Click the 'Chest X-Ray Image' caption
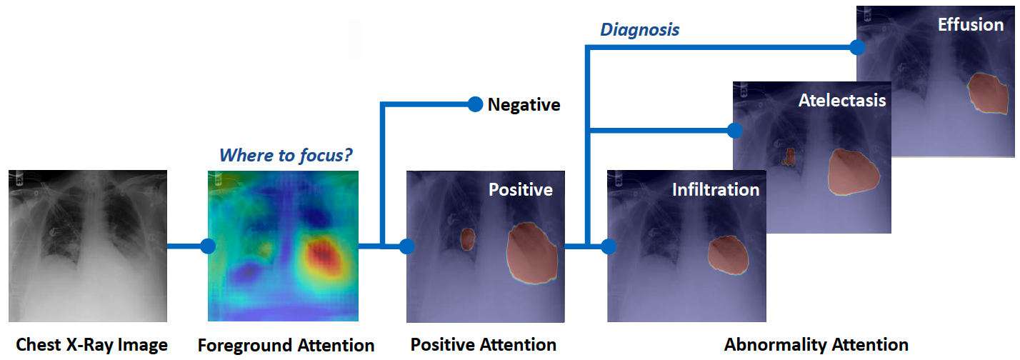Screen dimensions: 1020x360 91,345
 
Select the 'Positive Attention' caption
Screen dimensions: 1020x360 484,344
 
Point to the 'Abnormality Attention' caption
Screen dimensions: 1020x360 816,344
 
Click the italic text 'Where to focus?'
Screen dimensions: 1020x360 286,155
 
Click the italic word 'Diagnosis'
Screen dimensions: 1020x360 639,29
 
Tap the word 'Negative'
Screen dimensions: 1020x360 524,106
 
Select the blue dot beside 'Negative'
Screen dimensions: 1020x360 475,104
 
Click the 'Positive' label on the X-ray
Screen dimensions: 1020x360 520,190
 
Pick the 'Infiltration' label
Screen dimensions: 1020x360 715,190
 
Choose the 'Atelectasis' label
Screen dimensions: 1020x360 841,100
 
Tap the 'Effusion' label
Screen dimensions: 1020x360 971,24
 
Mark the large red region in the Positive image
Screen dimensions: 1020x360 532,251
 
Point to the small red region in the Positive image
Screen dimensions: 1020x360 467,238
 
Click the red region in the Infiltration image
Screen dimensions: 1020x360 728,254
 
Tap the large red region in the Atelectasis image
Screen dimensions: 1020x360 853,172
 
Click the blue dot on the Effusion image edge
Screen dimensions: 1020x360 856,47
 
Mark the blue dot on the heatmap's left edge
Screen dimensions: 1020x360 208,246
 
